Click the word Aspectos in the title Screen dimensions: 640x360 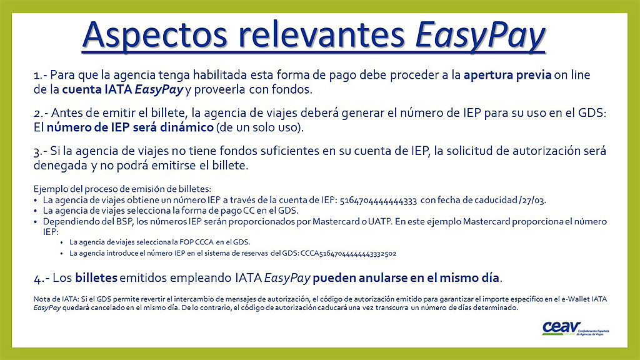[154, 35]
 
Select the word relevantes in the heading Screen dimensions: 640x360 [321, 34]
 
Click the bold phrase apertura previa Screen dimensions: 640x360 [507, 75]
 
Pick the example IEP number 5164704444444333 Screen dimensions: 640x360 [378, 201]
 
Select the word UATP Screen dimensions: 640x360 [379, 222]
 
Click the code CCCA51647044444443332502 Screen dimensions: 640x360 [348, 254]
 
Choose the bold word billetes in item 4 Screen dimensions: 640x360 [96, 278]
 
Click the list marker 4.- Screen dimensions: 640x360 [42, 279]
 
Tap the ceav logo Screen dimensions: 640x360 [575, 328]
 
